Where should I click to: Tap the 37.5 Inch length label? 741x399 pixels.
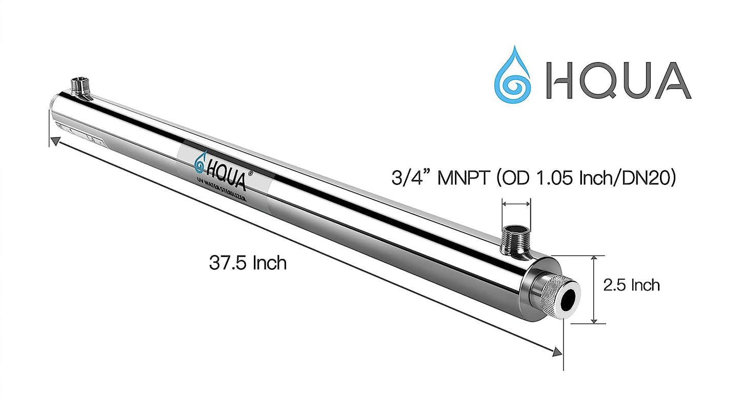(248, 263)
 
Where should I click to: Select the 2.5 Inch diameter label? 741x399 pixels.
(631, 285)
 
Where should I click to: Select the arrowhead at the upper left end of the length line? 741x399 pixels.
(52, 139)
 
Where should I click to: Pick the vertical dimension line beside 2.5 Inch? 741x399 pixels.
(594, 290)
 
